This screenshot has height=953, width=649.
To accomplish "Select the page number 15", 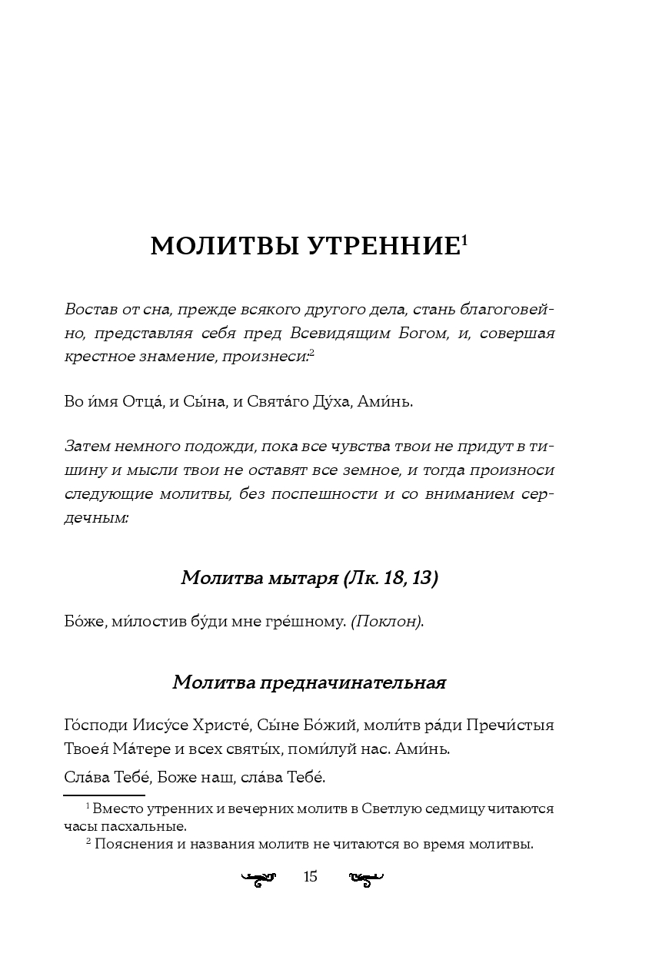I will tap(311, 876).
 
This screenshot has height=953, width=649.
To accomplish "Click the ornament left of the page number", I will tap(258, 877).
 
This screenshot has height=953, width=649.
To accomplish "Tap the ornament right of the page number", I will tap(366, 877).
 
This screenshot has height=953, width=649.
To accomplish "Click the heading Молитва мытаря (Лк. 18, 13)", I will tap(309, 578).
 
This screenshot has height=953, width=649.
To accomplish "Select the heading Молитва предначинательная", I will tap(309, 682).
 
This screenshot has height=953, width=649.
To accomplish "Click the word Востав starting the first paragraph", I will tap(88, 310).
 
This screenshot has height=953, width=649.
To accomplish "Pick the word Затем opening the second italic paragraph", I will tap(87, 447).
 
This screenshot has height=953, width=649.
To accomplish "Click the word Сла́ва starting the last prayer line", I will tap(84, 777).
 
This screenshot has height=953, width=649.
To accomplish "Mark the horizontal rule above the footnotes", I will tap(104, 795).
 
